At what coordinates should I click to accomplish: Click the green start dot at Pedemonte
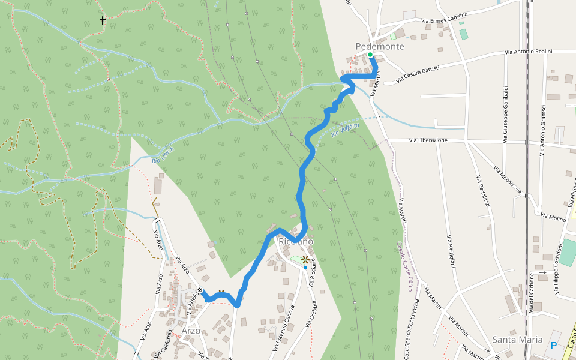tap(370, 55)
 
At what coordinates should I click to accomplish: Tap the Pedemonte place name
tap(380, 46)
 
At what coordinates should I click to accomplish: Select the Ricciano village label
tap(296, 241)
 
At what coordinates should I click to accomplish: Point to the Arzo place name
tap(191, 331)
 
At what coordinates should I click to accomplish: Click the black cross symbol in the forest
tap(103, 20)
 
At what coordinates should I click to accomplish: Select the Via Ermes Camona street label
tap(444, 19)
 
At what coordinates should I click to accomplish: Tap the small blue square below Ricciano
tap(305, 268)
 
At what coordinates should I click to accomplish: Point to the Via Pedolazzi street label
tap(483, 191)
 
